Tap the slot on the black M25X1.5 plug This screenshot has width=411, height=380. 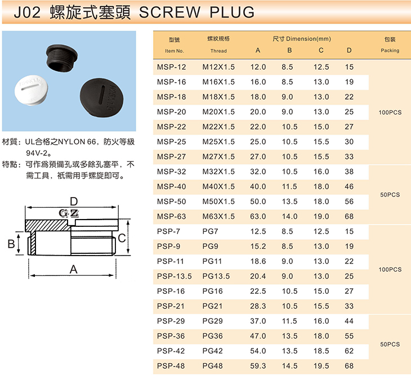pyautogui.click(x=103, y=92)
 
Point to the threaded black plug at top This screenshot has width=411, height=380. pyautogui.click(x=62, y=58)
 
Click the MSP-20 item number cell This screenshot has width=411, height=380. pyautogui.click(x=171, y=112)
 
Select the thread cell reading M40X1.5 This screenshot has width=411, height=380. pyautogui.click(x=218, y=186)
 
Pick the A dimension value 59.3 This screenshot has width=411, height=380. pyautogui.click(x=258, y=366)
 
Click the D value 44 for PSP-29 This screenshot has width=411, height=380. pyautogui.click(x=349, y=321)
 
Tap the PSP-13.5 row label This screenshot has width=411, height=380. pyautogui.click(x=175, y=276)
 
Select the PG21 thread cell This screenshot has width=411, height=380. pyautogui.click(x=212, y=306)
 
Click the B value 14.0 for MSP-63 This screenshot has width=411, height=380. pyautogui.click(x=289, y=217)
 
